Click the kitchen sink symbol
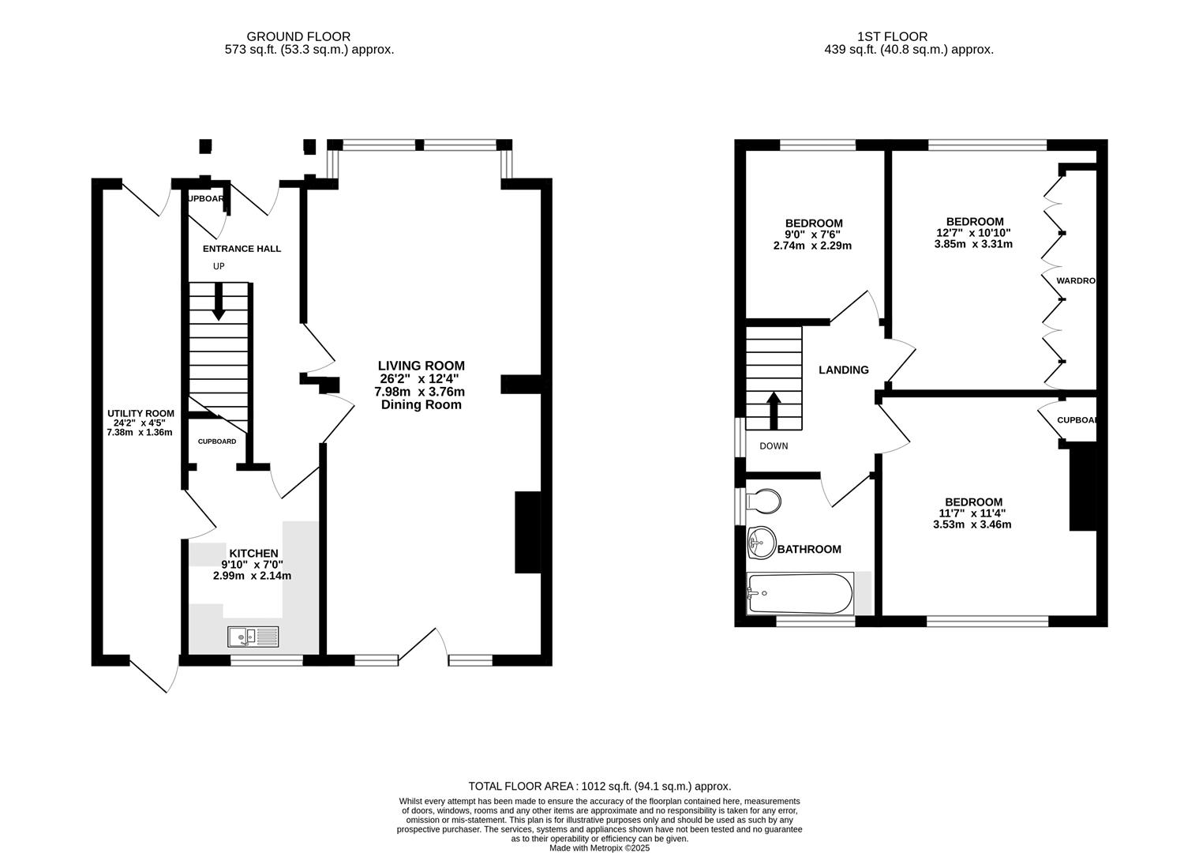253,635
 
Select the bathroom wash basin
761,542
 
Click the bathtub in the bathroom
800,594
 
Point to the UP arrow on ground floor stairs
219,302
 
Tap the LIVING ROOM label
421,366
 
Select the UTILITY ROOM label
141,413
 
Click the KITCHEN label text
253,553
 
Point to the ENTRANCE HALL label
242,249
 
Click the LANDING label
843,370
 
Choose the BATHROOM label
809,549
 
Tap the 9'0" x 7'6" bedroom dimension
813,235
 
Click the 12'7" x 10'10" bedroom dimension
973,233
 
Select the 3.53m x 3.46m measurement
972,524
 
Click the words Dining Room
421,404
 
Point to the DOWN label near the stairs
774,446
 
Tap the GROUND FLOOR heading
298,36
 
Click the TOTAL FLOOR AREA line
599,786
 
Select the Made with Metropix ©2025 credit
599,847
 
